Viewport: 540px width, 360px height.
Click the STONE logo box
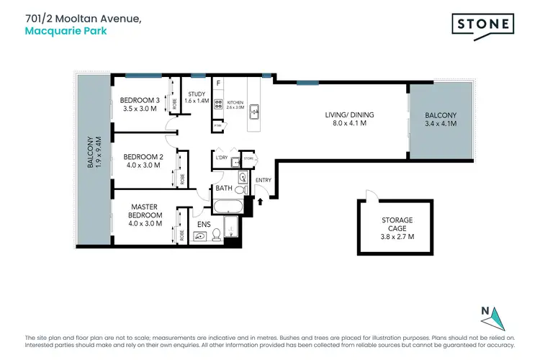tap(482, 24)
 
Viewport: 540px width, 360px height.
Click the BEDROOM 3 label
tap(139, 100)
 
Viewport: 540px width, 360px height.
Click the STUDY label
tap(197, 94)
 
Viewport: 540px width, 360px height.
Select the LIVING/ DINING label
tap(350, 114)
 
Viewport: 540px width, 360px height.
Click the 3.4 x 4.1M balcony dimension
tap(439, 124)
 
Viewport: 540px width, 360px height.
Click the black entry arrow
tap(261, 202)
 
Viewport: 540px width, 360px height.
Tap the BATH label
tap(223, 189)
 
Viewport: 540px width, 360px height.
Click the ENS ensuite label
tap(204, 213)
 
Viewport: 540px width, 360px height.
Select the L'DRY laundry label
tap(221, 156)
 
